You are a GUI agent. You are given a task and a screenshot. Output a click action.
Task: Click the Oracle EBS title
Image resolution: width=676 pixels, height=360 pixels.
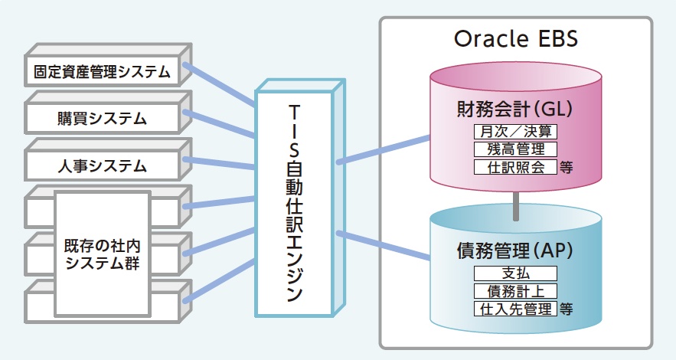pyautogui.click(x=516, y=38)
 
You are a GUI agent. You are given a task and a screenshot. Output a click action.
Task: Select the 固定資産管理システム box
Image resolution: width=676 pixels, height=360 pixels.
pyautogui.click(x=101, y=73)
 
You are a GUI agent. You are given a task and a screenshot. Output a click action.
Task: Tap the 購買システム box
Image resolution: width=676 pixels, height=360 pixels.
pyautogui.click(x=101, y=119)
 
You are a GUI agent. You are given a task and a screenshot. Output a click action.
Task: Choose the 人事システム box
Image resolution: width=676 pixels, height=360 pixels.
pyautogui.click(x=101, y=165)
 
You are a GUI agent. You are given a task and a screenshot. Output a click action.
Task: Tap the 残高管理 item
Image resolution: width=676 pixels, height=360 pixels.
pyautogui.click(x=515, y=149)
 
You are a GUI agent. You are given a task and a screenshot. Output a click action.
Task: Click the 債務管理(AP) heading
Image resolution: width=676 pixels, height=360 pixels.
pyautogui.click(x=515, y=250)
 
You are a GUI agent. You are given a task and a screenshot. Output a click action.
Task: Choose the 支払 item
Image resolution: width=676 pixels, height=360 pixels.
pyautogui.click(x=515, y=273)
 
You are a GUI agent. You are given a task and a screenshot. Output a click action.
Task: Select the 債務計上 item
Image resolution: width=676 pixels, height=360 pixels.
pyautogui.click(x=515, y=292)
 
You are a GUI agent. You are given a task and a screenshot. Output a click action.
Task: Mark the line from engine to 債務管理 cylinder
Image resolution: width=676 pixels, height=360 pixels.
pyautogui.click(x=383, y=246)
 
